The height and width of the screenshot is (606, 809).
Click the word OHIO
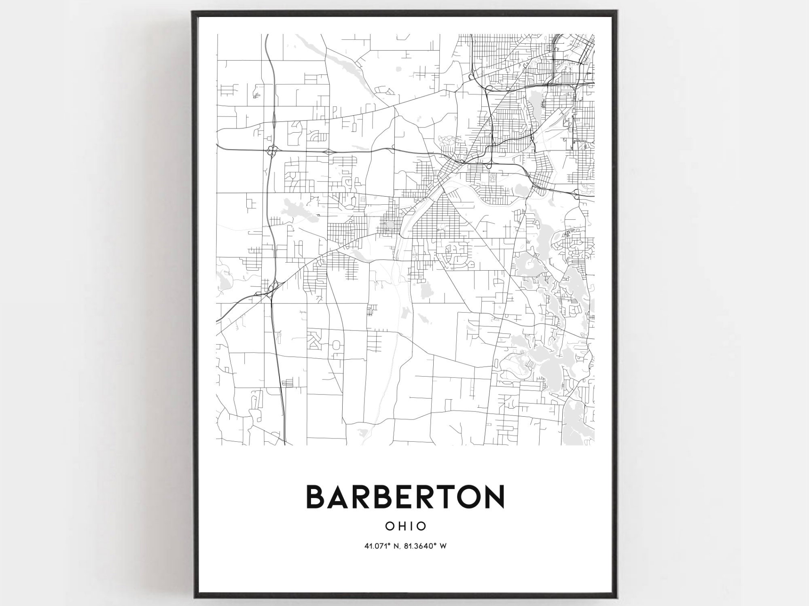pyautogui.click(x=405, y=526)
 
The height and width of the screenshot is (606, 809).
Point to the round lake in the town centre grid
pyautogui.click(x=390, y=224)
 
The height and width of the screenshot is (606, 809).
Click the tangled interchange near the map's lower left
pyautogui.click(x=272, y=287)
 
